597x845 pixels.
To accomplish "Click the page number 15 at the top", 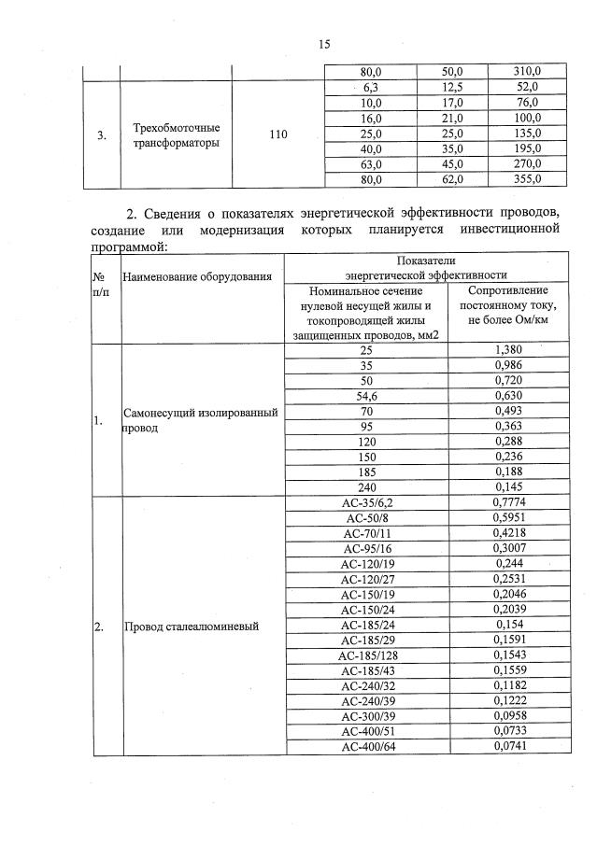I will (x=325, y=44).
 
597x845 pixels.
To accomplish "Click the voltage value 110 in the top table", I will (x=277, y=135).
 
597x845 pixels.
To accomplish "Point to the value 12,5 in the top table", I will (x=452, y=87).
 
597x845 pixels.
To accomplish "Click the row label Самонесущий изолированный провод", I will (x=200, y=420).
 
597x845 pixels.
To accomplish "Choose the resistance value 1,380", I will (x=506, y=349).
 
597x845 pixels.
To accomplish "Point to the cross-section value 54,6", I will (x=365, y=394).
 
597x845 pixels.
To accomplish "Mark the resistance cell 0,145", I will (x=506, y=487).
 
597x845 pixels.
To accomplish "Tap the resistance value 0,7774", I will (x=506, y=503).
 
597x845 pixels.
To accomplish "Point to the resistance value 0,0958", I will (x=506, y=717).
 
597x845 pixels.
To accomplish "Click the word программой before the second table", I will (x=122, y=247).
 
